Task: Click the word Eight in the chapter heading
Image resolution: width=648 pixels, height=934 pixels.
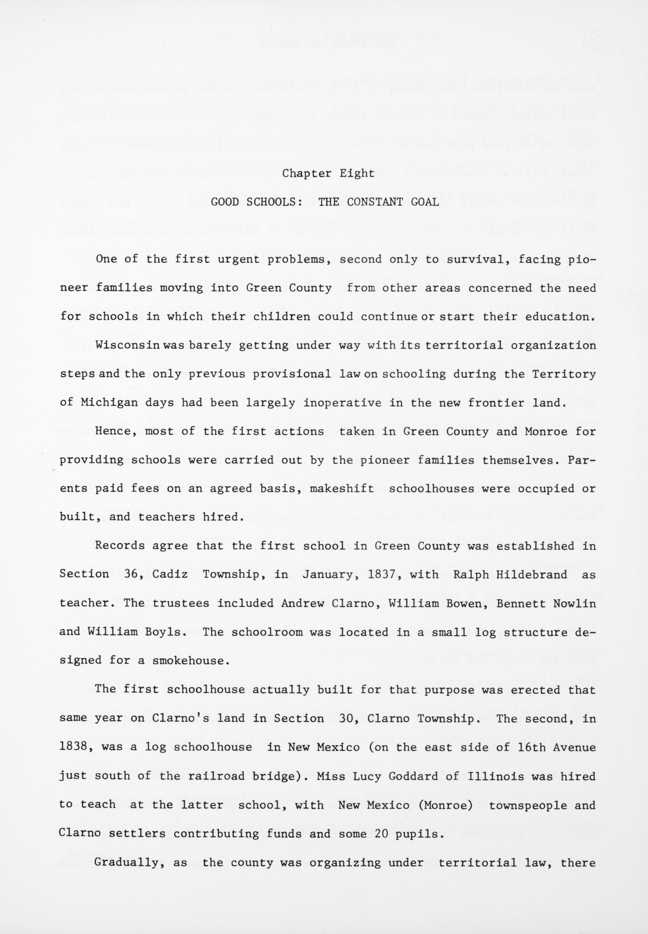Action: point(357,174)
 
